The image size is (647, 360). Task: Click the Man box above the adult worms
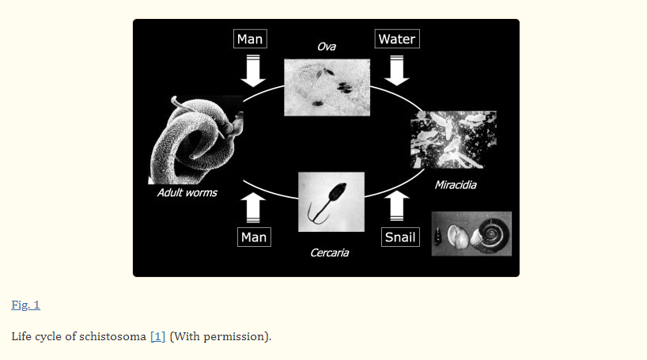tap(250, 39)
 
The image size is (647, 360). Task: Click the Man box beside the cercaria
tap(254, 237)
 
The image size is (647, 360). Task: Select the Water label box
tap(397, 39)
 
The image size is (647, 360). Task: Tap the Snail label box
tap(400, 237)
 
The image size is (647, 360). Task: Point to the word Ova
tap(327, 47)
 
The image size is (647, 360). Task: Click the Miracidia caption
tap(456, 185)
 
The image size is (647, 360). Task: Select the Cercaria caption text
tap(329, 252)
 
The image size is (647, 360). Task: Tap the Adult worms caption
tap(187, 193)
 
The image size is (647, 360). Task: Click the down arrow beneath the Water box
tap(397, 70)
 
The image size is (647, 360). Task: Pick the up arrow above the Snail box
tap(397, 206)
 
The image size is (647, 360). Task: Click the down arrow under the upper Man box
tap(253, 70)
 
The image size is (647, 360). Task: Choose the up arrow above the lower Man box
tap(253, 208)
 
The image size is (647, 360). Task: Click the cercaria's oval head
tap(339, 191)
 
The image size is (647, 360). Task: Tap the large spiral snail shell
tap(491, 234)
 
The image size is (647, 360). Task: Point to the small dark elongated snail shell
tap(437, 236)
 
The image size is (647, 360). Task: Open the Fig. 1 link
tap(25, 305)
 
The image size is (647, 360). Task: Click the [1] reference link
tap(157, 336)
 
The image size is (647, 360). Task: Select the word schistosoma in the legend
tap(112, 336)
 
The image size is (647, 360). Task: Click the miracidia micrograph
tap(453, 139)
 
